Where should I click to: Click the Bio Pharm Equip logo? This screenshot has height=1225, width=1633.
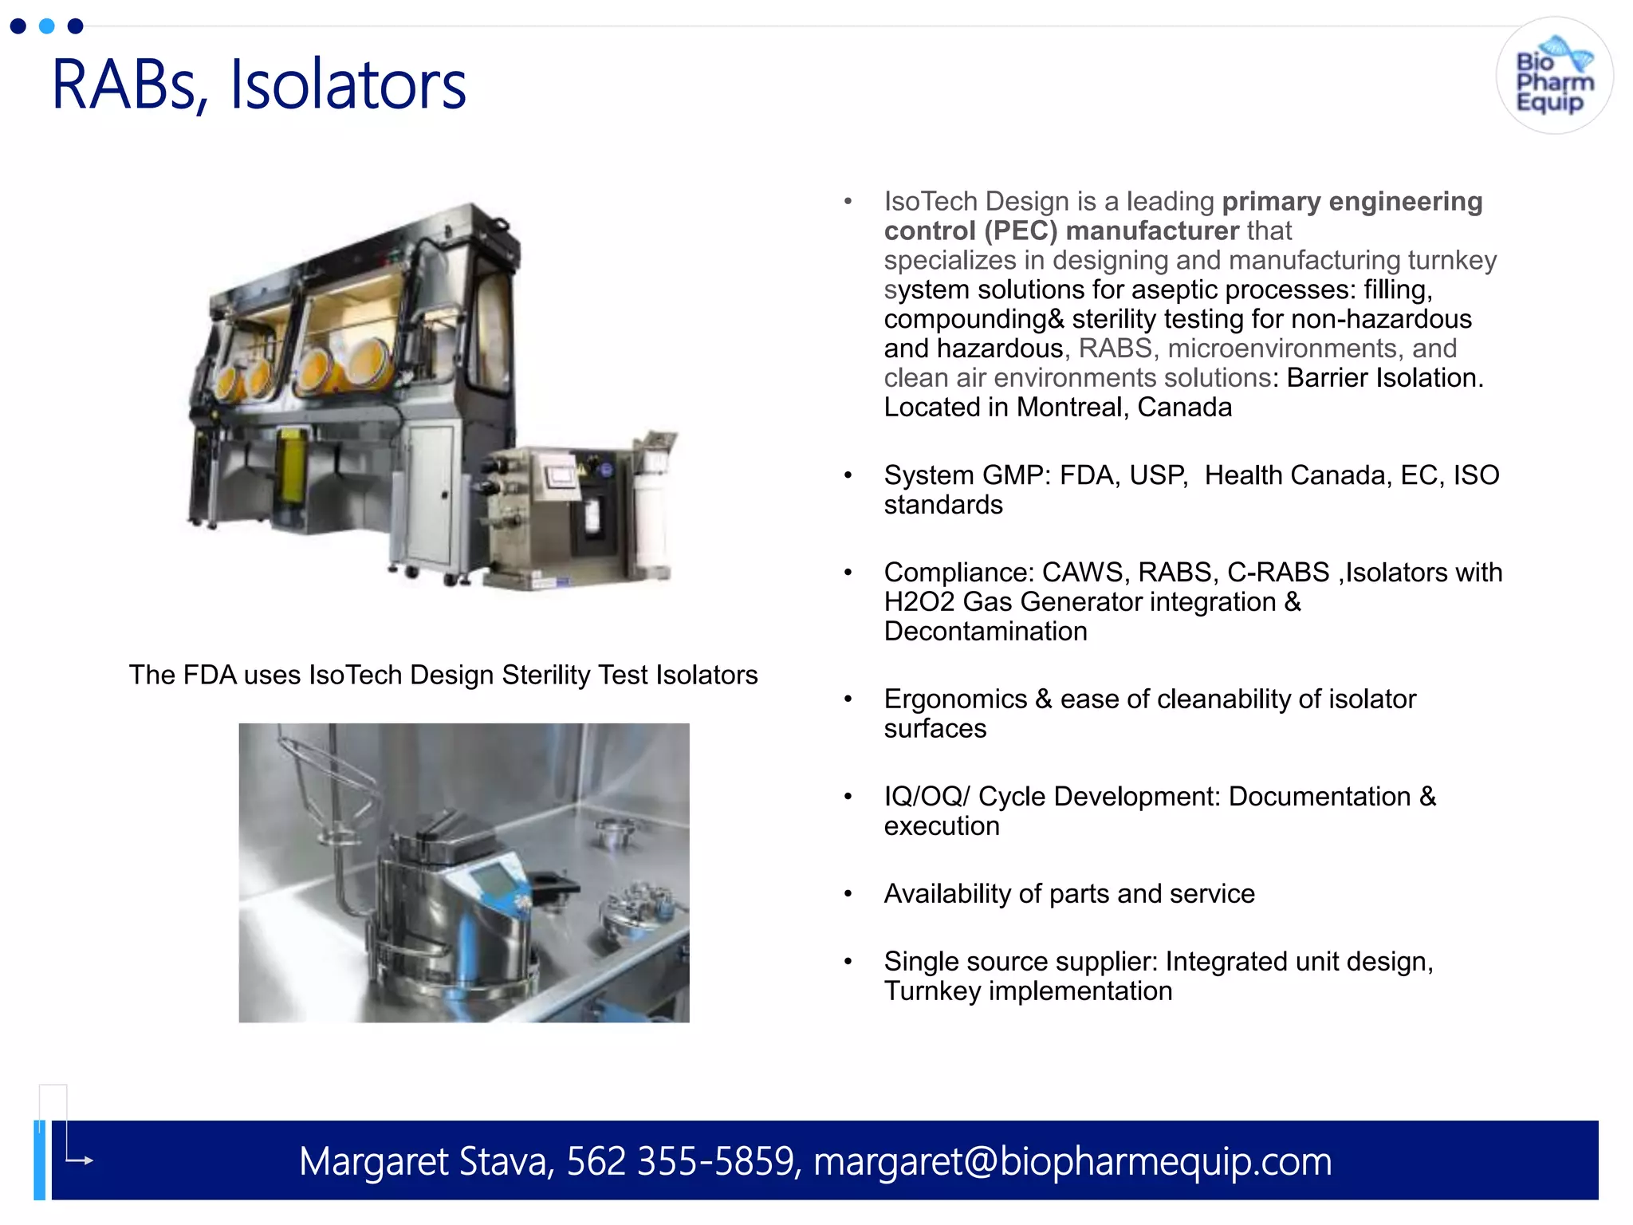(1554, 77)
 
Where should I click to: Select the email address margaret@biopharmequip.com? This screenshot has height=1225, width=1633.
(1072, 1161)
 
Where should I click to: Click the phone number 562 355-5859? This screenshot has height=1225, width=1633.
(681, 1161)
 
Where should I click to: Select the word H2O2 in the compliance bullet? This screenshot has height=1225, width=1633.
(919, 602)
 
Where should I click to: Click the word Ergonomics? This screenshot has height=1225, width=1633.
(955, 699)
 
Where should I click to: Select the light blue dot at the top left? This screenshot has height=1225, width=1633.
(47, 26)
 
